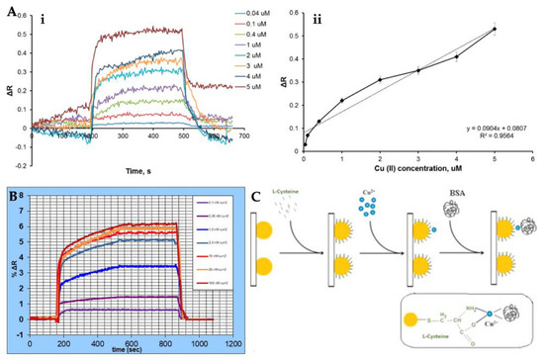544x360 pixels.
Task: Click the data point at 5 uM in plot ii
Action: [x=495, y=29]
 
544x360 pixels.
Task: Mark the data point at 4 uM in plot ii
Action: [x=456, y=56]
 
